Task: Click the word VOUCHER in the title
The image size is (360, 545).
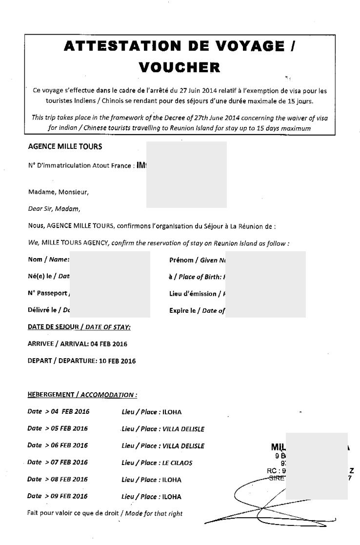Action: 180,67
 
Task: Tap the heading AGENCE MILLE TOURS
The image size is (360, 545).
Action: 65,146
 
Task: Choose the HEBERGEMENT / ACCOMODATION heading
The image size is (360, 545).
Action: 82,395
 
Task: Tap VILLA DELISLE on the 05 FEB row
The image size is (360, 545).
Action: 183,429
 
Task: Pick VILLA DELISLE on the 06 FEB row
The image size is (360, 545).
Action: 183,446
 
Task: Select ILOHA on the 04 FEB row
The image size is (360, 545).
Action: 172,412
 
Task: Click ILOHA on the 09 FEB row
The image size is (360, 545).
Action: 172,497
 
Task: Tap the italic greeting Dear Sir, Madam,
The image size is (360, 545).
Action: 54,209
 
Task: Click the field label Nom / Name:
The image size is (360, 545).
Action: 49,260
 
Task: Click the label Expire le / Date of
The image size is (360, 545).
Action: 197,310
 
